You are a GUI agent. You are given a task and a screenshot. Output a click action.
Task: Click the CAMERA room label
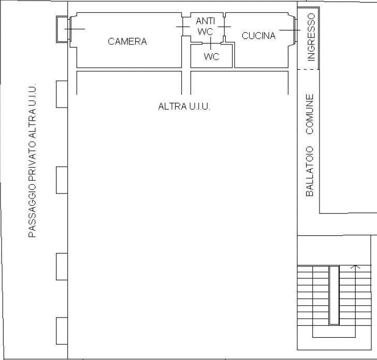127,41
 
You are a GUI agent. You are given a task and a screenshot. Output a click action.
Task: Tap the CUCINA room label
258,36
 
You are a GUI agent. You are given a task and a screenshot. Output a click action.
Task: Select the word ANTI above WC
205,21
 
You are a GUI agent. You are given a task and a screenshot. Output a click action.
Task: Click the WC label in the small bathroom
212,57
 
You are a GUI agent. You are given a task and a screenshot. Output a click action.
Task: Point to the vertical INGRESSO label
311,37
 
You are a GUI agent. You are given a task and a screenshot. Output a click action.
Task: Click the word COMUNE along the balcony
310,114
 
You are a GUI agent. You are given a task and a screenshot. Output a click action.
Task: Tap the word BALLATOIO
310,171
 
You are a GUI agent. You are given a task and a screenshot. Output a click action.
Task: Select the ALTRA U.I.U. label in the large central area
184,106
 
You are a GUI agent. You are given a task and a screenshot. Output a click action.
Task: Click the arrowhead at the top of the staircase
356,266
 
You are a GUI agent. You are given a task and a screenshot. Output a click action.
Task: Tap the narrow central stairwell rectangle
334,295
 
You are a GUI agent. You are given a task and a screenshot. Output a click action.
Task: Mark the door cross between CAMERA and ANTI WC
183,27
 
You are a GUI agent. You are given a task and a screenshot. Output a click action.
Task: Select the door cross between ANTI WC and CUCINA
224,27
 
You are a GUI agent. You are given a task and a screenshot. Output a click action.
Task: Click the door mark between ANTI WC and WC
211,43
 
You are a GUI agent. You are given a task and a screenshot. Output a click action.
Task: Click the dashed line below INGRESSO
309,69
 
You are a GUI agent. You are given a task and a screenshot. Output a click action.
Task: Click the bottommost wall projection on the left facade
62,331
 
